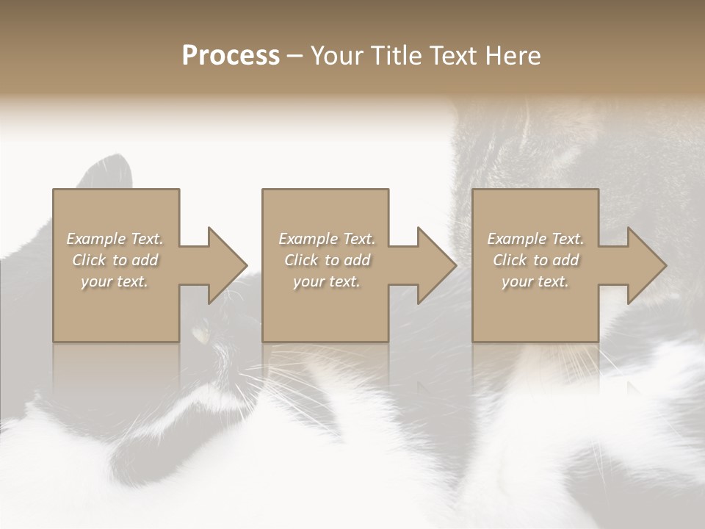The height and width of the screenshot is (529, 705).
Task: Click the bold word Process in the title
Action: point(231,56)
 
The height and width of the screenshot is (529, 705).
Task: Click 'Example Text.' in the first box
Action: point(115,239)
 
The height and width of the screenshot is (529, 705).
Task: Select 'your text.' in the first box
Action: point(115,281)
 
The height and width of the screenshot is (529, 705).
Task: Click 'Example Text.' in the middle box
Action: point(327,239)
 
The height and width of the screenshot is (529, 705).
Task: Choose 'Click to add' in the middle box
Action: point(327,260)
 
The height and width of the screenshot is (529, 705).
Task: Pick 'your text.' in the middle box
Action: point(327,281)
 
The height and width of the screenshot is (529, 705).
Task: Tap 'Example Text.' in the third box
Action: point(535,239)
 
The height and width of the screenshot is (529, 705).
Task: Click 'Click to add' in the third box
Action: point(535,260)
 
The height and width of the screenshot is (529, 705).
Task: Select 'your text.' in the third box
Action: point(535,281)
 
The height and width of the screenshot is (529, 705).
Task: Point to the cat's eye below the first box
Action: point(200,334)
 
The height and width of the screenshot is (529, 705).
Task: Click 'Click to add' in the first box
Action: point(115,260)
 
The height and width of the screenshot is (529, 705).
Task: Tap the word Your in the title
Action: point(335,56)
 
